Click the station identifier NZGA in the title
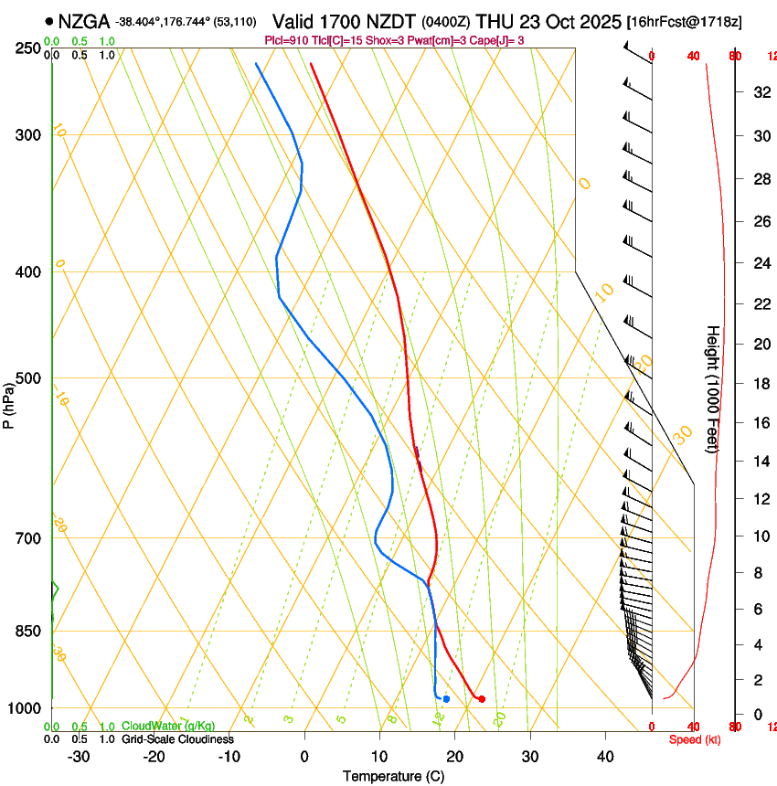tap(85, 21)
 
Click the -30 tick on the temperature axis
tap(79, 756)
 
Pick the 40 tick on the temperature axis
tap(604, 756)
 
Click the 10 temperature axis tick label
tap(379, 756)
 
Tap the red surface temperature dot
tap(482, 699)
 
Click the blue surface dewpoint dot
tap(446, 699)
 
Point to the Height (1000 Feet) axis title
tap(713, 388)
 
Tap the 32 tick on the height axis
tap(761, 91)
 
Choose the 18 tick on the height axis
tap(761, 384)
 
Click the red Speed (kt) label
tap(695, 739)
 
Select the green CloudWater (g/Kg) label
tap(168, 727)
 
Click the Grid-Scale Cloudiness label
tap(176, 738)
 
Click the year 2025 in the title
tap(596, 21)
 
